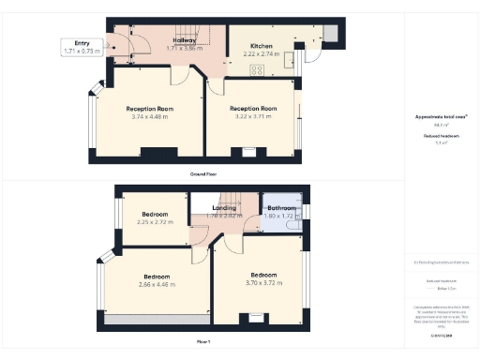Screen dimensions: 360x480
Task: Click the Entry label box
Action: click(82, 47)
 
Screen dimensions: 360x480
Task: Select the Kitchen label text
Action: click(262, 44)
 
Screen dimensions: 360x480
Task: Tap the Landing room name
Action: click(224, 207)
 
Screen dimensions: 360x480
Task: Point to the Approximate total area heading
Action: click(441, 117)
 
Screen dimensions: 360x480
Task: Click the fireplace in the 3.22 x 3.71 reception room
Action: click(248, 151)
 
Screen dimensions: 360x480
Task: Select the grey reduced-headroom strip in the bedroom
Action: click(155, 320)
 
